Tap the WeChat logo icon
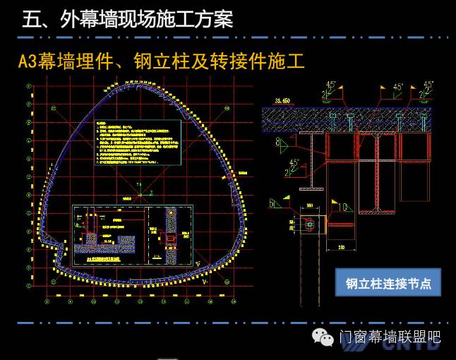[325, 337]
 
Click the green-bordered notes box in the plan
[138, 143]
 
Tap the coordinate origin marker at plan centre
[141, 189]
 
